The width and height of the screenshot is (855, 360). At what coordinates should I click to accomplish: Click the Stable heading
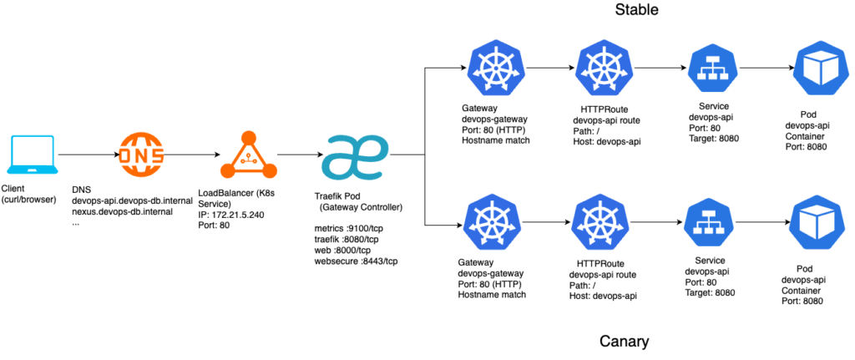[638, 11]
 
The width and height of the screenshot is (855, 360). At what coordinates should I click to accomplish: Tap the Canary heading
[624, 342]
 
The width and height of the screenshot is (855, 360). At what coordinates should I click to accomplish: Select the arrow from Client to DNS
[87, 155]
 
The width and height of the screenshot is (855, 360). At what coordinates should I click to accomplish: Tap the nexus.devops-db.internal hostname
[122, 212]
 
